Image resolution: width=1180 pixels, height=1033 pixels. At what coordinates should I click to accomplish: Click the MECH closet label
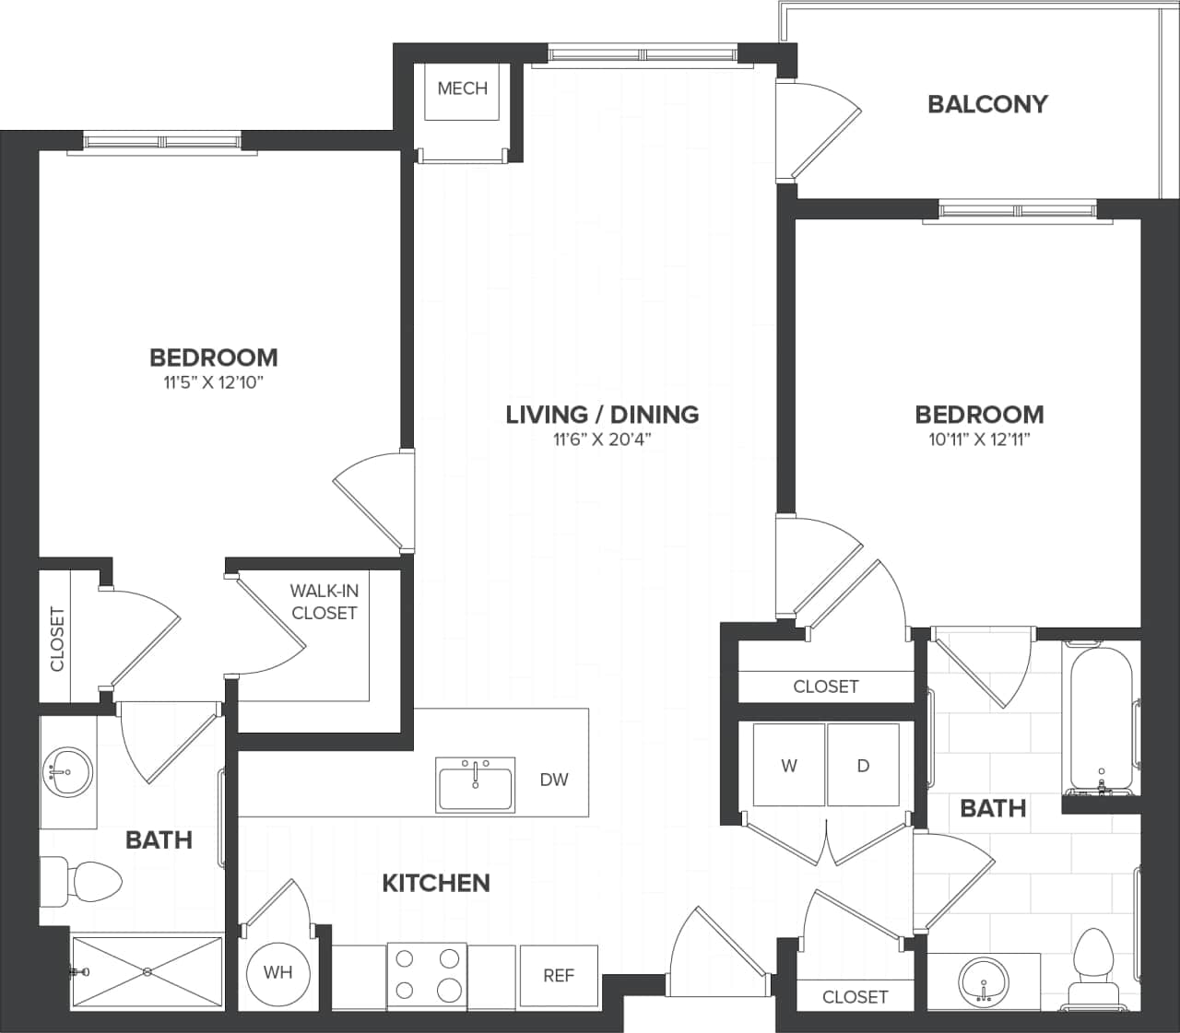[x=462, y=88]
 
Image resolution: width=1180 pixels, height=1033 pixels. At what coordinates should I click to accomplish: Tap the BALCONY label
[x=987, y=104]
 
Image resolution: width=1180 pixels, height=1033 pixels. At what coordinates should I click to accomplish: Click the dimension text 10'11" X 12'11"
[x=979, y=440]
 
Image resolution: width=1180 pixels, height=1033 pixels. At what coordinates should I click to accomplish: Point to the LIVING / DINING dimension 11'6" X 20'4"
[x=602, y=440]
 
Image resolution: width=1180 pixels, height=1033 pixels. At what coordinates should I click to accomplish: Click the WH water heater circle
[x=277, y=973]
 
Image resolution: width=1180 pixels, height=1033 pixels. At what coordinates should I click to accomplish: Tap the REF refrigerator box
[x=559, y=975]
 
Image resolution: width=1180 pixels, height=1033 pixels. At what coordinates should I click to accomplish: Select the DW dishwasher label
[x=554, y=780]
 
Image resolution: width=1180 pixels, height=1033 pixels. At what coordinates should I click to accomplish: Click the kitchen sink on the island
[x=476, y=785]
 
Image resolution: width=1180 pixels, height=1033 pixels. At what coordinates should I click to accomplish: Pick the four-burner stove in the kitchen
[x=427, y=975]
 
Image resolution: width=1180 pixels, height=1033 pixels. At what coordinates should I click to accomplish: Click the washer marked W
[x=789, y=766]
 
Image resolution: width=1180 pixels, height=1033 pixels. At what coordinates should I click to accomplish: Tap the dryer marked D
[x=863, y=766]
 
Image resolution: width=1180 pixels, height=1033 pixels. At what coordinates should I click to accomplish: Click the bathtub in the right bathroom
[x=1101, y=719]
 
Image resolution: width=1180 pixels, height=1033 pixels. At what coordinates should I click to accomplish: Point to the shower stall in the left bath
[x=147, y=971]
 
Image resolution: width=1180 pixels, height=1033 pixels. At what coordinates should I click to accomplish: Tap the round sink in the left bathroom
[x=66, y=769]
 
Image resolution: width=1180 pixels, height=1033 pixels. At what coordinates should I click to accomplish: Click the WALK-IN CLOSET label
[x=324, y=602]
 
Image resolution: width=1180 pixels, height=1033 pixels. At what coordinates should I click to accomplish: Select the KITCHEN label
[x=435, y=883]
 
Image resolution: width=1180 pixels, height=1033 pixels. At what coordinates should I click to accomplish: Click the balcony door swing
[x=820, y=129]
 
